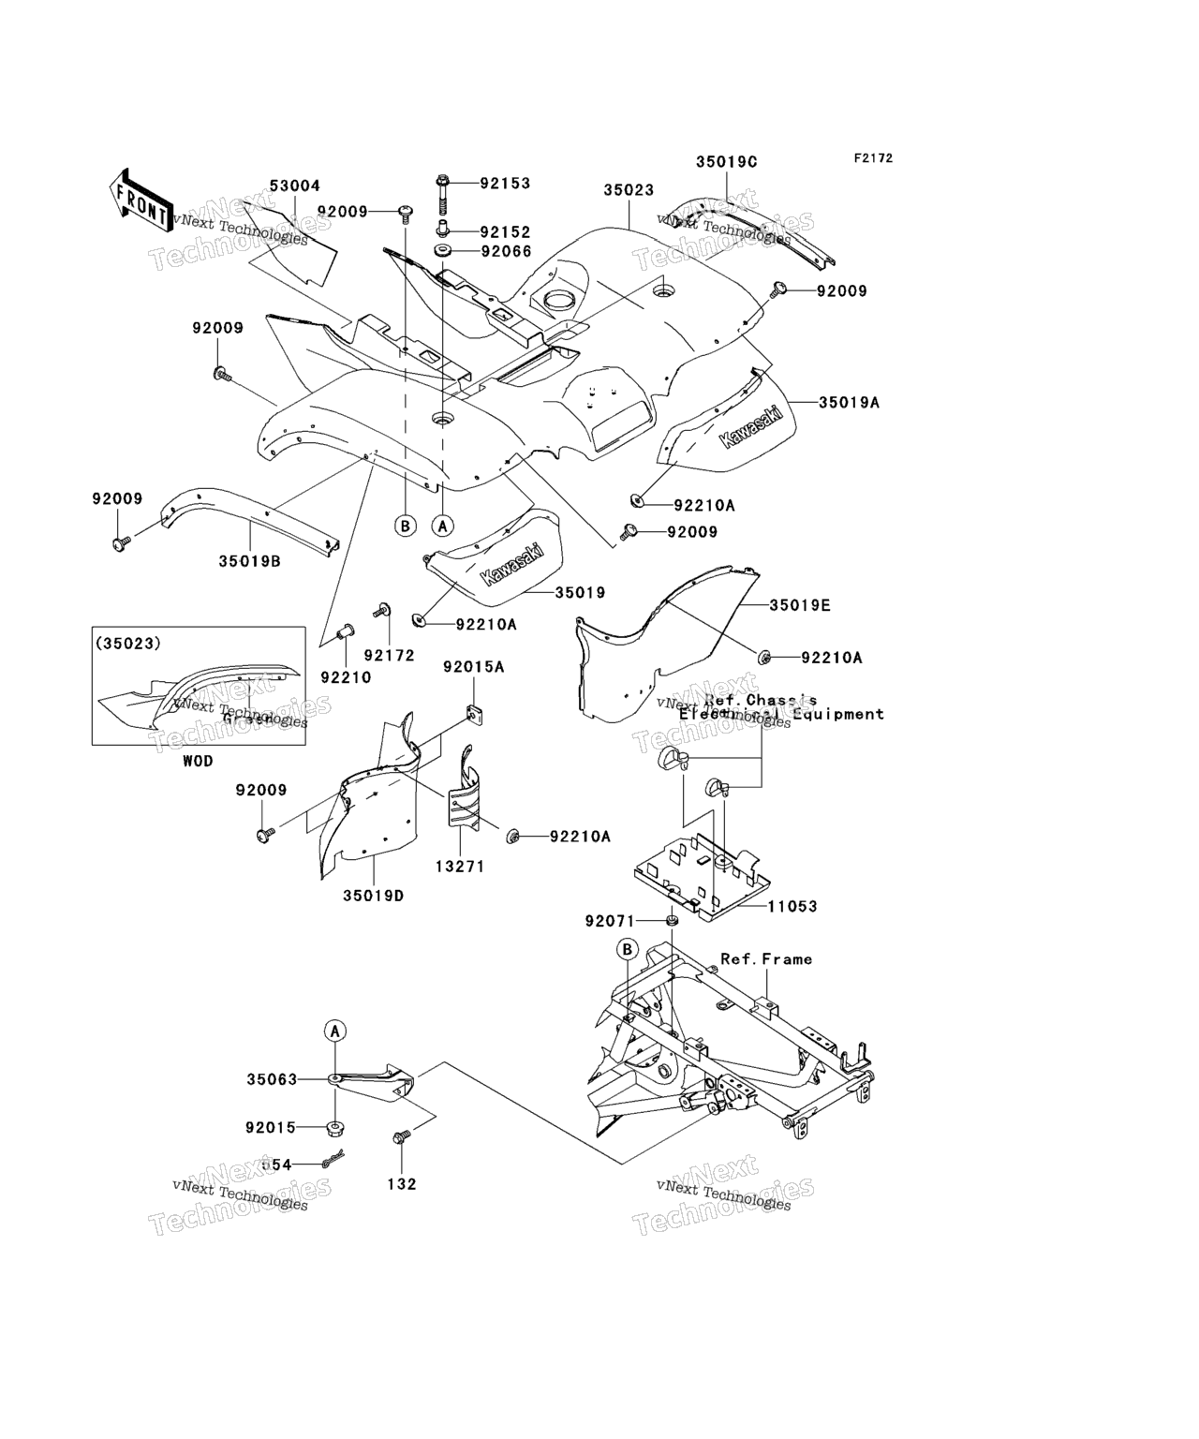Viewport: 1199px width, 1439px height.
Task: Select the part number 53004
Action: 295,186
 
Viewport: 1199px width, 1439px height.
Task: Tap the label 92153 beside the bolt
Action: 505,183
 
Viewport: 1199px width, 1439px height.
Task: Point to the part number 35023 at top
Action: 629,189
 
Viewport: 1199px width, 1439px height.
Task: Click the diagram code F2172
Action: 872,158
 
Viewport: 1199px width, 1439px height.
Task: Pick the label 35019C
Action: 726,161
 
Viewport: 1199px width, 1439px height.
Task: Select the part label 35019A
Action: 849,402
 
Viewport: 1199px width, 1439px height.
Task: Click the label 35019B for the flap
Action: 250,561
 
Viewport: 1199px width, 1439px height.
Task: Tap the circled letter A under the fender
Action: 443,526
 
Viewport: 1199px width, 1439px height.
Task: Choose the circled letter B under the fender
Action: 405,526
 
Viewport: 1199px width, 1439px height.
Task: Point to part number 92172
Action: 389,656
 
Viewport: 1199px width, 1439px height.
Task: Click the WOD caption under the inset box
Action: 198,761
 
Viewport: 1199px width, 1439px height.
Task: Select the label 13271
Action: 459,867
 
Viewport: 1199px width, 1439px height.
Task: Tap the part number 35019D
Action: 373,896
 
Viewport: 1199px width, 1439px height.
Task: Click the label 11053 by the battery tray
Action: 792,906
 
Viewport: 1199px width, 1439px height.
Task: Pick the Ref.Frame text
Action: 765,958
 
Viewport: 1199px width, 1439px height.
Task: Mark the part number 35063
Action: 272,1079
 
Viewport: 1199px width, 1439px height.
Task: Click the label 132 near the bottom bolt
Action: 401,1184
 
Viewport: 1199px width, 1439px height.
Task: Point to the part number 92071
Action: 611,921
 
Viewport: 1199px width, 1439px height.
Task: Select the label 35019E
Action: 800,605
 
